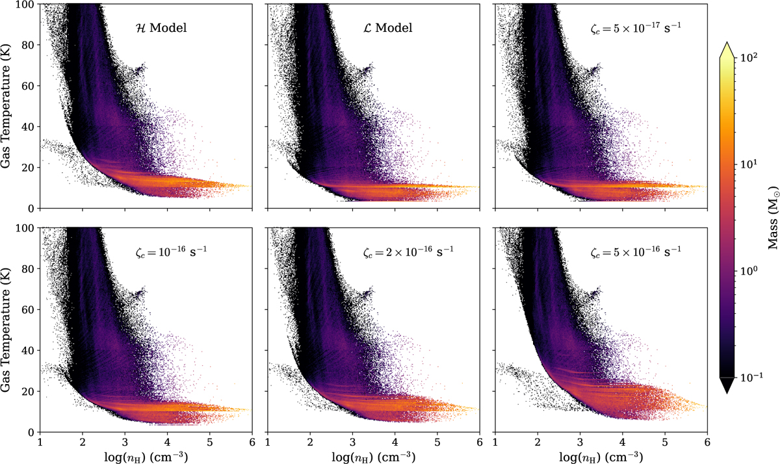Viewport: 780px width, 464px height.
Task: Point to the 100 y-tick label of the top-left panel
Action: point(26,5)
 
